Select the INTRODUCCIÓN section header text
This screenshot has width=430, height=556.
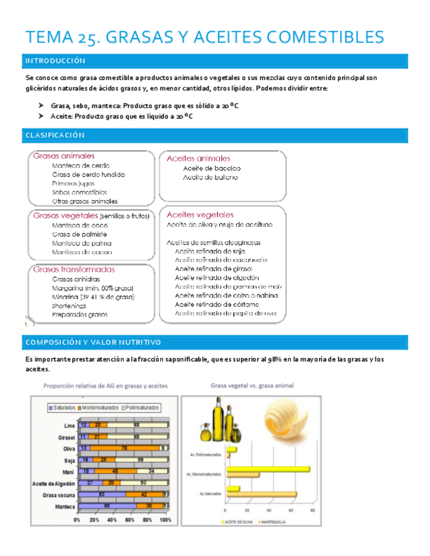coord(55,61)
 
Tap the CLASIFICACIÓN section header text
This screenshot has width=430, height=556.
coord(55,135)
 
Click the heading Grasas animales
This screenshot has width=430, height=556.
coord(64,156)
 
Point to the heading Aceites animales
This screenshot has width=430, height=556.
coord(198,158)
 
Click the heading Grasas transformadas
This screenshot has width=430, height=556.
coord(74,269)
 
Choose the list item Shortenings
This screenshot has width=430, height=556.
coord(69,306)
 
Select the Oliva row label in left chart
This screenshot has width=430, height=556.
coord(68,448)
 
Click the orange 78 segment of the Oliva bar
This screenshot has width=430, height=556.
coord(123,448)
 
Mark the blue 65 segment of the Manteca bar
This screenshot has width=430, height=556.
coord(106,506)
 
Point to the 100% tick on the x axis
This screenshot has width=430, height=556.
coord(165,520)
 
